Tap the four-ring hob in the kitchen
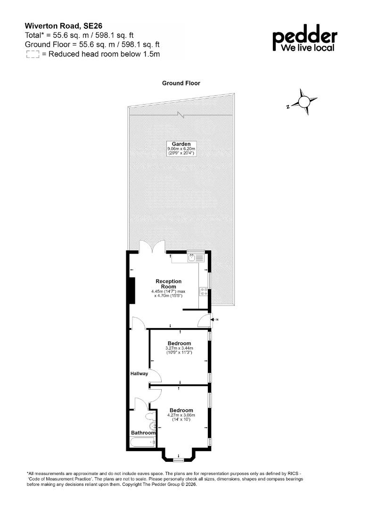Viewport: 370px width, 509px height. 204,292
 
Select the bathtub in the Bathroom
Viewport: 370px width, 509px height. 142,442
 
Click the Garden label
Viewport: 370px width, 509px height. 181,144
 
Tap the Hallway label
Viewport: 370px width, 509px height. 139,374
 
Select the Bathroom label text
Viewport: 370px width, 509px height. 143,433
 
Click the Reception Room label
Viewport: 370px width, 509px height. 168,284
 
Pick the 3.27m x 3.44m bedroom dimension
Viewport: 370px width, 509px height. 179,348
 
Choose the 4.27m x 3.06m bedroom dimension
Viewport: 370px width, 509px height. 181,415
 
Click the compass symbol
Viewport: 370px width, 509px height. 304,102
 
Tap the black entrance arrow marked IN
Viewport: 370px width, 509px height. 213,320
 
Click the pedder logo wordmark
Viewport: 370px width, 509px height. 304,38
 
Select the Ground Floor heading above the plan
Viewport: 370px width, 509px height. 181,83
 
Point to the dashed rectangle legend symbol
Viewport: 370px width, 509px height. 33,55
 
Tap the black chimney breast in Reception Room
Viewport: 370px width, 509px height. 132,290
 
